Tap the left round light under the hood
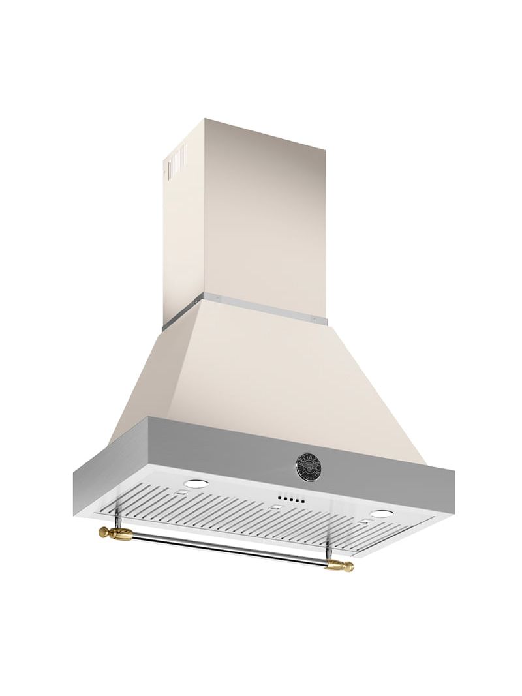196,484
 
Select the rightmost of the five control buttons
303,502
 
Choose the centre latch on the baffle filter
277,507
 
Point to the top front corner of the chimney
205,120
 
